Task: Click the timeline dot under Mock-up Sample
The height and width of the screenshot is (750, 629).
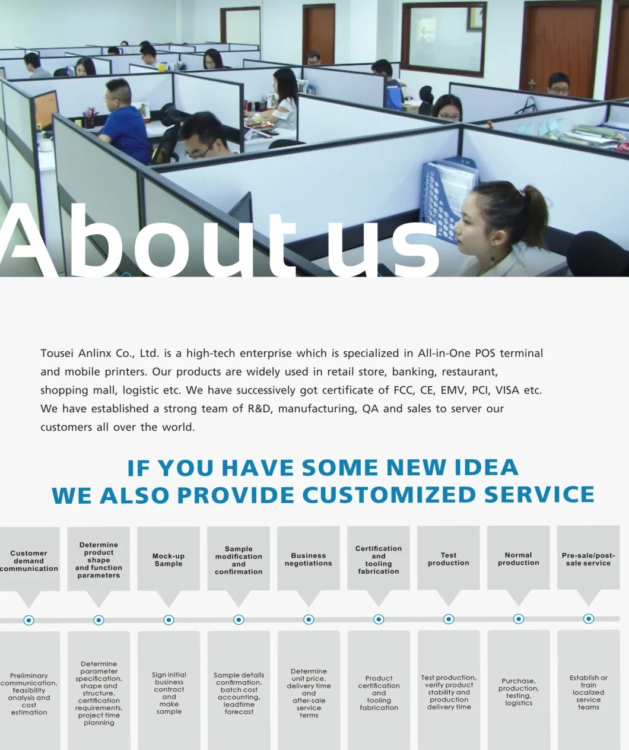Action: coord(169,620)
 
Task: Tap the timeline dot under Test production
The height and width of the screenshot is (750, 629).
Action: coord(448,619)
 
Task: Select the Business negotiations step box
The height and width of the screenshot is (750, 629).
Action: coord(309,560)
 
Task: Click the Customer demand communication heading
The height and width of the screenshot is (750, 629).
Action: coord(28,561)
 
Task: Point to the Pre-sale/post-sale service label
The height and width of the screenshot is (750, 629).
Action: coord(589,560)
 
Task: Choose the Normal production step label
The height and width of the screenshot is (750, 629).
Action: coord(519,559)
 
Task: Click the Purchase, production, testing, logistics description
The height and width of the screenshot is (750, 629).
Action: coord(519,692)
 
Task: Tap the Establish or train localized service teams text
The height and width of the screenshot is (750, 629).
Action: coord(589,692)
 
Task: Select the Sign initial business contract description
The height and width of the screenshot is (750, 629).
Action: coord(169,693)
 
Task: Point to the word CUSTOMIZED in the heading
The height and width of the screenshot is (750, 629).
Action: coord(389,495)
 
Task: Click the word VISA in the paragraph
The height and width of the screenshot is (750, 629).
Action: coord(507,390)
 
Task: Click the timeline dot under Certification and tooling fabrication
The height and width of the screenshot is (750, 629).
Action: coord(378,619)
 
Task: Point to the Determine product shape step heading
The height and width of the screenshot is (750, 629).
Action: coord(99,560)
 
